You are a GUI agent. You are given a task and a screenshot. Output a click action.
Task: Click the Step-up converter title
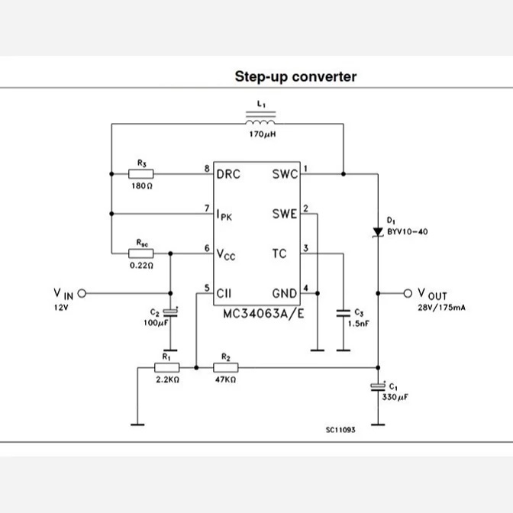[295, 77]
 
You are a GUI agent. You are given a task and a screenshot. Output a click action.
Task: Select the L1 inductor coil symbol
[260, 118]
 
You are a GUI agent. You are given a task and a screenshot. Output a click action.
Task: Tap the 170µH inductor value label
[263, 134]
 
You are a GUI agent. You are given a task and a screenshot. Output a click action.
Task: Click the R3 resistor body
[140, 174]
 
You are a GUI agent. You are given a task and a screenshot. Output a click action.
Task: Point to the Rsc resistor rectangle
[140, 253]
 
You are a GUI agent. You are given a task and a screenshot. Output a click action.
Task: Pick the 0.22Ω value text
[141, 266]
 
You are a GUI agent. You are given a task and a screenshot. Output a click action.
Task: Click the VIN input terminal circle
[82, 293]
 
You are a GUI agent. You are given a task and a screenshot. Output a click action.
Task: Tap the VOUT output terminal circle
[408, 293]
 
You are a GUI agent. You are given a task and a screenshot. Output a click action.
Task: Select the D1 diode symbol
[378, 232]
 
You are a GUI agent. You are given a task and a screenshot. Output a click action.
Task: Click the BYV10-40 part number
[408, 232]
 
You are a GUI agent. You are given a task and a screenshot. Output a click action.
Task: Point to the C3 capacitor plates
[344, 313]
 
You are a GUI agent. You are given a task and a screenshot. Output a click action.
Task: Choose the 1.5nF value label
[359, 324]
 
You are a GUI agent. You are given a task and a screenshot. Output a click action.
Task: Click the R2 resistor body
[226, 368]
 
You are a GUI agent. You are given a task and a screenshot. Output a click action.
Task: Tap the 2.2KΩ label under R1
[167, 380]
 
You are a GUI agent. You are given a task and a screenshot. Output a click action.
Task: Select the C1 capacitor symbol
[378, 387]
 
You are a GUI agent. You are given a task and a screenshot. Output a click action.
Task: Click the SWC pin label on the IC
[285, 174]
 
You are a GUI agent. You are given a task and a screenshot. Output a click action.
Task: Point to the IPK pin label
[224, 215]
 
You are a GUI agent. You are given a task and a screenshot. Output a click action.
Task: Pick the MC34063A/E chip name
[263, 314]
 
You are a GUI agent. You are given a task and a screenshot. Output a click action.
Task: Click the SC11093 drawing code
[340, 430]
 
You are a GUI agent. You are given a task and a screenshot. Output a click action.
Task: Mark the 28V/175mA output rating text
[441, 308]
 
